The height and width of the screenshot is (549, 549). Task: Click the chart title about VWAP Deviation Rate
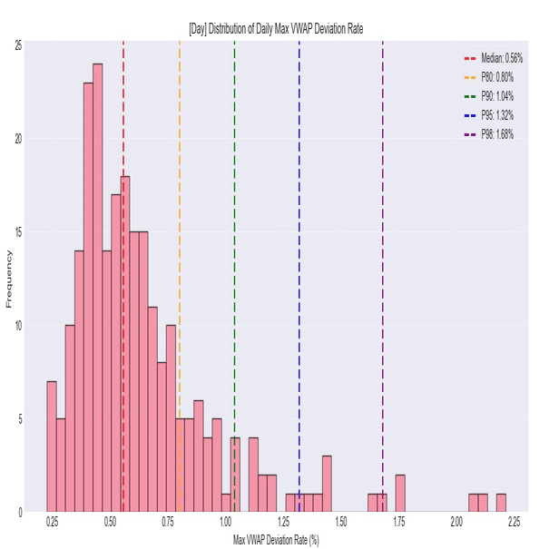coord(275,29)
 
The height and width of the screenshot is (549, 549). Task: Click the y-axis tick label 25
coord(19,44)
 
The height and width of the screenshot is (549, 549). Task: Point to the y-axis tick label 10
coord(19,325)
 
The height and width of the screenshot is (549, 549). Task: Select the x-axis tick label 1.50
coord(342,522)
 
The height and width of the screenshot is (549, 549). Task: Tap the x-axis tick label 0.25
coord(53,522)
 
